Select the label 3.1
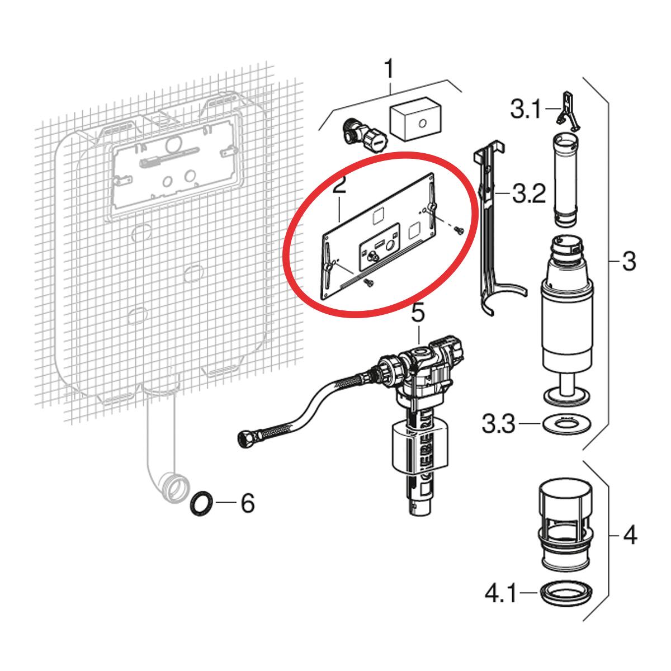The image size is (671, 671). pyautogui.click(x=526, y=109)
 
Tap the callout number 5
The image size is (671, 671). pyautogui.click(x=418, y=313)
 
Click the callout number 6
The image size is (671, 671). pyautogui.click(x=248, y=503)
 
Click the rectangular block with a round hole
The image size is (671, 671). pyautogui.click(x=415, y=119)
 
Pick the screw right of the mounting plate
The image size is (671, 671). pyautogui.click(x=457, y=229)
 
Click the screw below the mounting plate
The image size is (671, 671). pyautogui.click(x=367, y=282)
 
